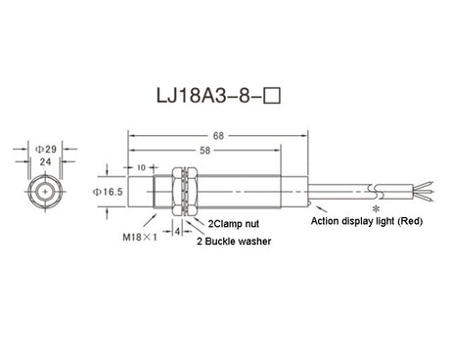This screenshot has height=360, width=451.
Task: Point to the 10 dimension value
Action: coord(141,167)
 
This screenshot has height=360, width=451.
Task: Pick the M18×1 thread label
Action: coord(139,237)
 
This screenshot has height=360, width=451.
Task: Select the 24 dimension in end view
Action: coord(43,162)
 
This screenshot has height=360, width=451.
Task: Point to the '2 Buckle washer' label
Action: coord(235,240)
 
